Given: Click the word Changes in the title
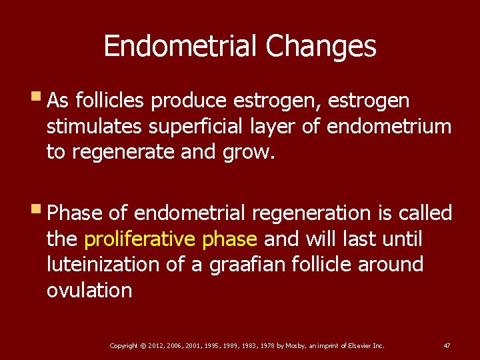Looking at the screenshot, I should point(321,47).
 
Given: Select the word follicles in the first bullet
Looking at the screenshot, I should point(110,101).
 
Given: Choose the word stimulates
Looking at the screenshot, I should point(95,127).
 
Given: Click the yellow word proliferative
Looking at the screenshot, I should point(137,239).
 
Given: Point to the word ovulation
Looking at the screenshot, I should point(89,291).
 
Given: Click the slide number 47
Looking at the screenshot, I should point(447,345).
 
